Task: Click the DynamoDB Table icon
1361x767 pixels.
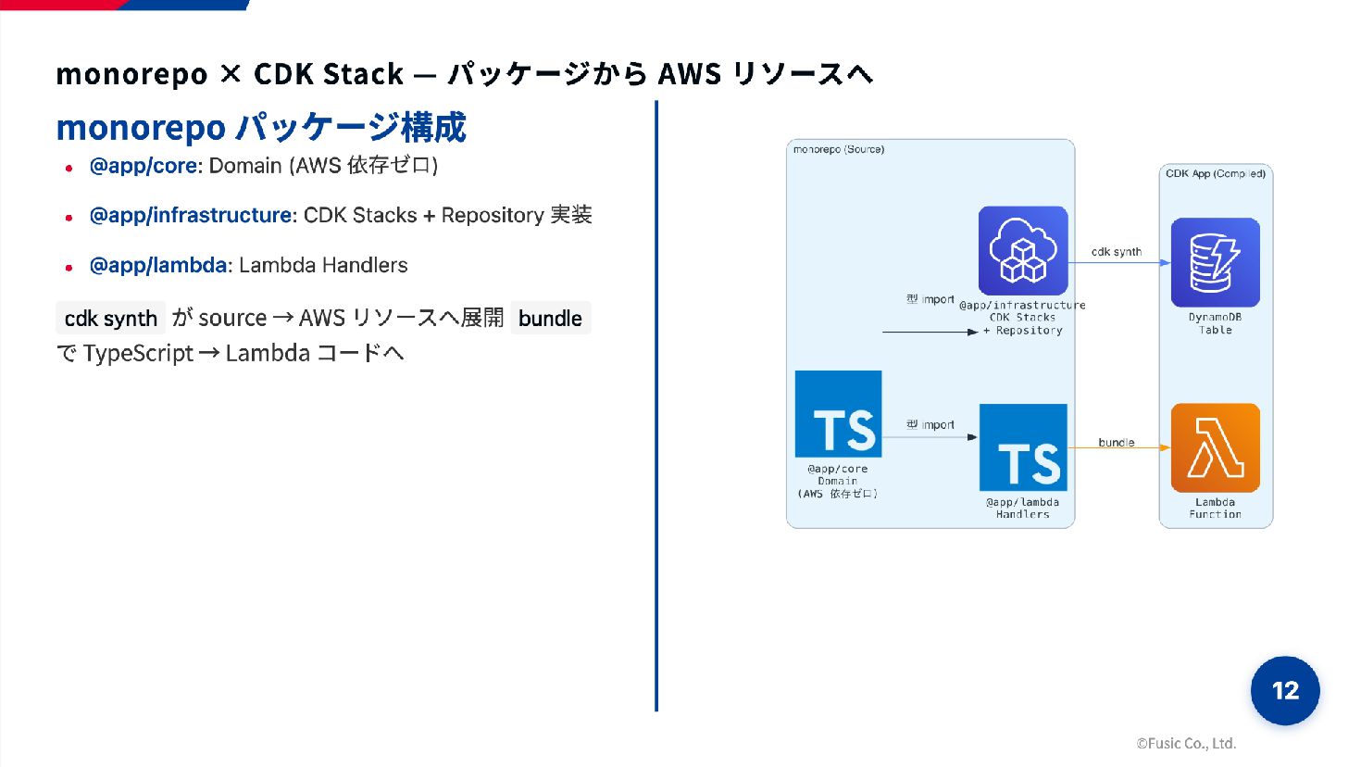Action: (1215, 262)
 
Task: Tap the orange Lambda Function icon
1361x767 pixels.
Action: (1215, 447)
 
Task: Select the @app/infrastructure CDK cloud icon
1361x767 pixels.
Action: (1022, 250)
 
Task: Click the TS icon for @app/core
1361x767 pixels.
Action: (838, 413)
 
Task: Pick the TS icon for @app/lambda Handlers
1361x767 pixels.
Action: (1023, 447)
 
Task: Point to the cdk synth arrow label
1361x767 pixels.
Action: (1116, 252)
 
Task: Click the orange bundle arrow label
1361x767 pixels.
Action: (1116, 443)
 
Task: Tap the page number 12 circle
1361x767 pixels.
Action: (1285, 690)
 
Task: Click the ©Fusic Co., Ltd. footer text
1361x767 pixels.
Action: (1186, 743)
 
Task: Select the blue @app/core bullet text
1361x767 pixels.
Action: (143, 166)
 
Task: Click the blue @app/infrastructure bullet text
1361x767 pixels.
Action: (191, 215)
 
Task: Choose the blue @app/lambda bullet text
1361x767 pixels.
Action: (157, 265)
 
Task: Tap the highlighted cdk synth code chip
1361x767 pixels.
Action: (110, 318)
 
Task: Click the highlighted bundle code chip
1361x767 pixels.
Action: (550, 318)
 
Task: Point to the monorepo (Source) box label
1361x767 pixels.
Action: (838, 149)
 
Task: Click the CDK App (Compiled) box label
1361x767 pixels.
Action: (1215, 173)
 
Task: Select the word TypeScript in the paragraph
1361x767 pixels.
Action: (138, 353)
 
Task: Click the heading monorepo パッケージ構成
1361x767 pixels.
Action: (261, 128)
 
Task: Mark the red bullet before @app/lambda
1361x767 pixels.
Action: (69, 267)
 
